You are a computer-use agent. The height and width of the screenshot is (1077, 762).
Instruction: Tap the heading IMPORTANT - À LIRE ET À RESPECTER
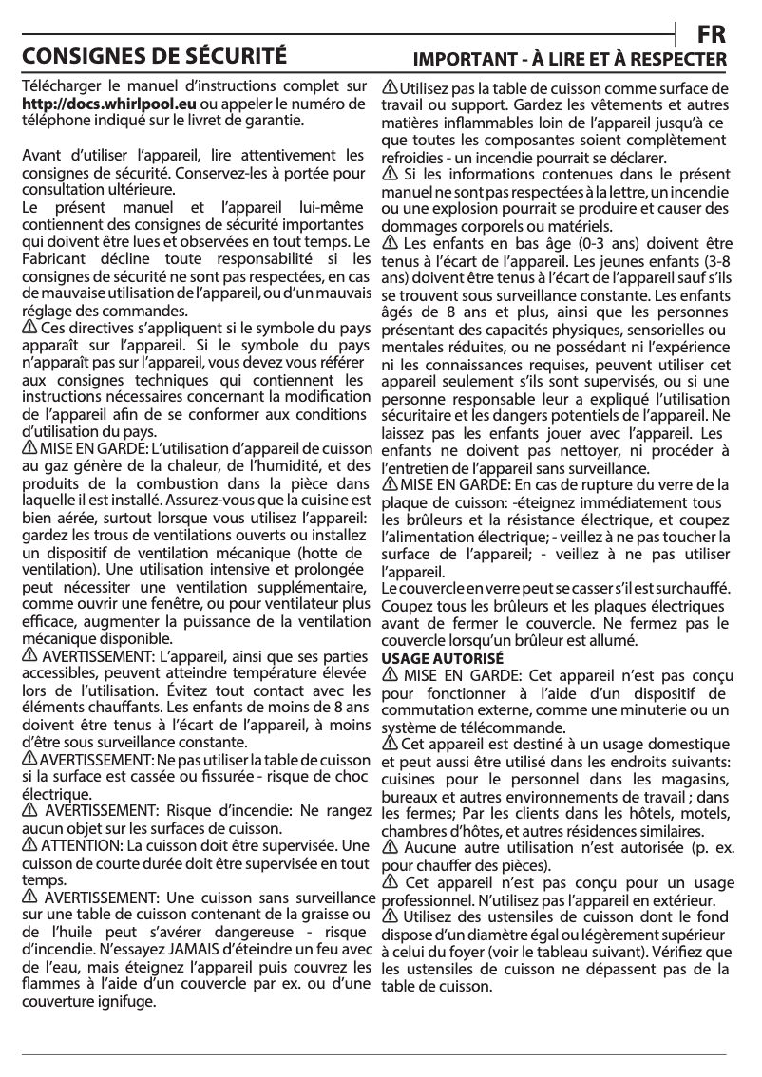(x=568, y=60)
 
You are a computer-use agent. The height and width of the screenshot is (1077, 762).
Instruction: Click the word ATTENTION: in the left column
(x=83, y=845)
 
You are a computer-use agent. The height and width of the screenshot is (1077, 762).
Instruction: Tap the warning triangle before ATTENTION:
(x=29, y=844)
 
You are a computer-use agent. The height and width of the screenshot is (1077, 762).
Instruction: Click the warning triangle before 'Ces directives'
(x=29, y=327)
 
